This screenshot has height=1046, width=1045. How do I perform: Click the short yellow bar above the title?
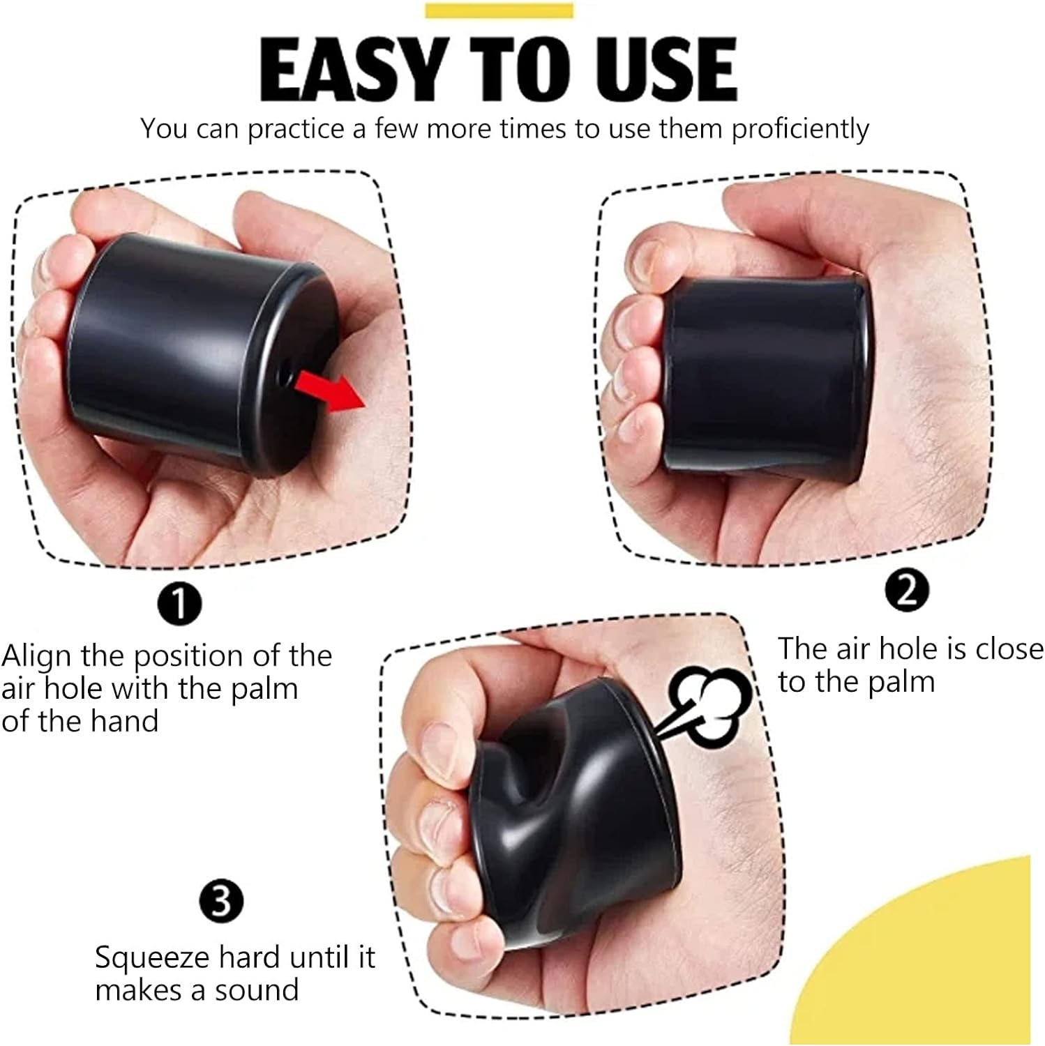499,10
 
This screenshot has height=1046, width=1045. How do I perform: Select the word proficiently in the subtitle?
800,130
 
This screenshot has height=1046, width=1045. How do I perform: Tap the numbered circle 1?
179,604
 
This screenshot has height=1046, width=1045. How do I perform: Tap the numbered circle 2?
906,591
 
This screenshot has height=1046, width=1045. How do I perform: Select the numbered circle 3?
220,901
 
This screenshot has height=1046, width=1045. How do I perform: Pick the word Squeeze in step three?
153,958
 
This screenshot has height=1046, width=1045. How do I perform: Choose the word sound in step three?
257,990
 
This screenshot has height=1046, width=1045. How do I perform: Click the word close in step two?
1009,649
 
